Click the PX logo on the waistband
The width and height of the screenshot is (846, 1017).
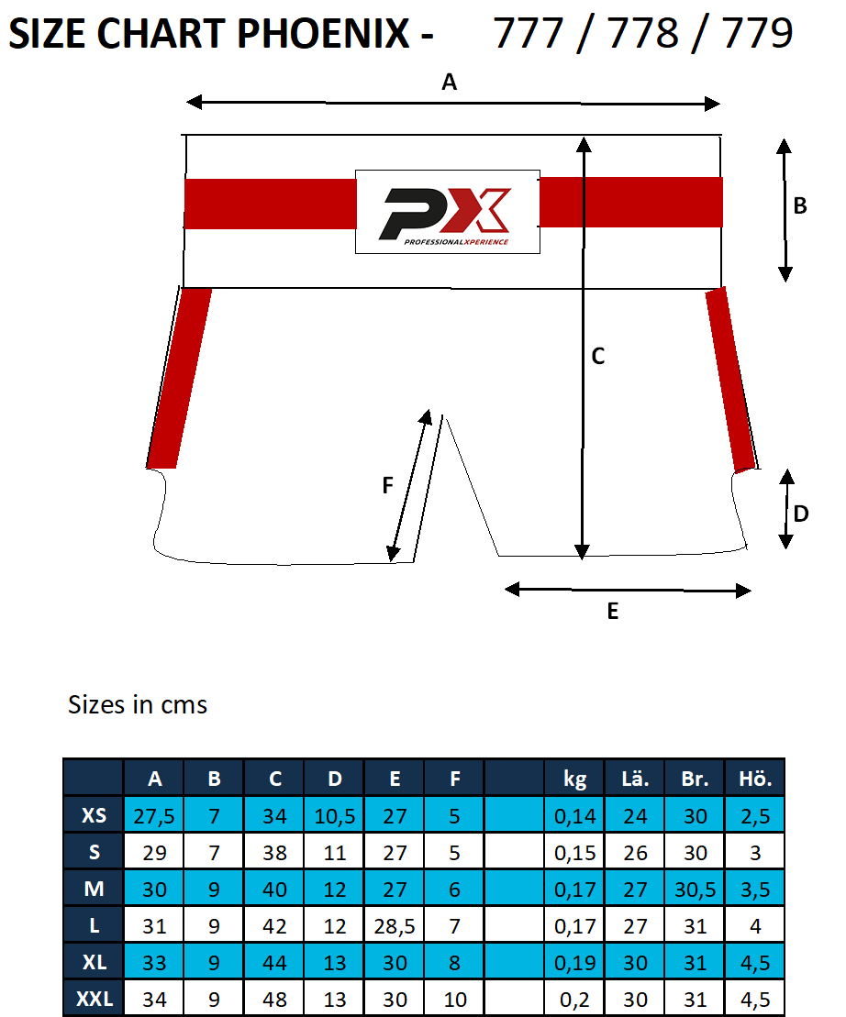coord(447,212)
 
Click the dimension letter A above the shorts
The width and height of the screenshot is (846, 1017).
coord(449,83)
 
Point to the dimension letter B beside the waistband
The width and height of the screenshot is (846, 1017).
coord(800,206)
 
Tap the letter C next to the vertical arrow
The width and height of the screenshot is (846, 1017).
coord(598,357)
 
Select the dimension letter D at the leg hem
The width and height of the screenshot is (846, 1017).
coord(800,514)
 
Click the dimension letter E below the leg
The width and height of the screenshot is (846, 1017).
coord(613,611)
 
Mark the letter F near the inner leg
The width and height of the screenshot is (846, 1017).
coord(387,485)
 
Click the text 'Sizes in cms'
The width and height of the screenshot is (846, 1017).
coord(138,705)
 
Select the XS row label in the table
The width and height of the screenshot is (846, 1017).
coord(94,815)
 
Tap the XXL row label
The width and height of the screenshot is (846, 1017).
coord(94,999)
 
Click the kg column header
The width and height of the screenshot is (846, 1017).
coord(575,779)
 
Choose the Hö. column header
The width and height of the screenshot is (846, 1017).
coord(755,779)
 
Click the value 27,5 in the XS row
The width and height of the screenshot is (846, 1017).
coord(154,815)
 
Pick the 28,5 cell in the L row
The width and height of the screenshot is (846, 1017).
coord(395,925)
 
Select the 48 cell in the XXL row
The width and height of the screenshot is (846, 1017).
coord(274,999)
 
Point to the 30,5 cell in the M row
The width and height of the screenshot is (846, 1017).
coord(696,889)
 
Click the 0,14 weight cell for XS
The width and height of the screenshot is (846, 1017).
coord(575,815)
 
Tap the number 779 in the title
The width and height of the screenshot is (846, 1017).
coord(757,34)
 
